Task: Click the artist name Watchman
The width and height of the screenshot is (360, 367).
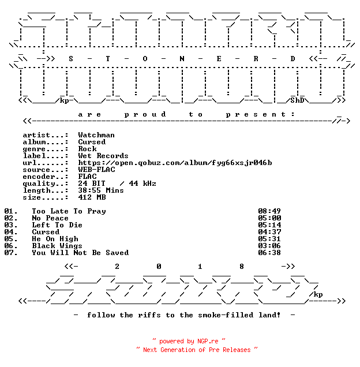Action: point(96,135)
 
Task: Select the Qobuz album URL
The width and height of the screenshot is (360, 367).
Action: point(175,163)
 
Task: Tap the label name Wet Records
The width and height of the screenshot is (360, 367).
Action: point(103,156)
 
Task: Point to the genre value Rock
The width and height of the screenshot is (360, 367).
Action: point(87,149)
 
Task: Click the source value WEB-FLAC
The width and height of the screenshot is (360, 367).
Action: point(96,170)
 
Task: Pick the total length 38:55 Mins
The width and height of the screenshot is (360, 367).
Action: point(101,190)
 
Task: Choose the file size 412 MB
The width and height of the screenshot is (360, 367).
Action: point(92,197)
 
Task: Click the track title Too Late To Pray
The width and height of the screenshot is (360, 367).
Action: point(69,211)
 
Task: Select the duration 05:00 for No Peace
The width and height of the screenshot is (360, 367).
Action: point(269,218)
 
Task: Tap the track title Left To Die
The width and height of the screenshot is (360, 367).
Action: point(57,225)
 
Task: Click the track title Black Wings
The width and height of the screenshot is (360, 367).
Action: point(57,246)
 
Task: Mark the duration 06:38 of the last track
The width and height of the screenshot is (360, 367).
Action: point(269,253)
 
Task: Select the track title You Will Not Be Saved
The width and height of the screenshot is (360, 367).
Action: point(80,253)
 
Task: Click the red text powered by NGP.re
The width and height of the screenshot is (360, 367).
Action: point(189,341)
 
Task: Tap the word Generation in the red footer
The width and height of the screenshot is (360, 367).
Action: point(178,350)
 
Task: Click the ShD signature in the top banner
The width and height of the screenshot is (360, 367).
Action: point(297,100)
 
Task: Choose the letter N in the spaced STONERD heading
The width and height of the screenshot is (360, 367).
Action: point(182,59)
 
